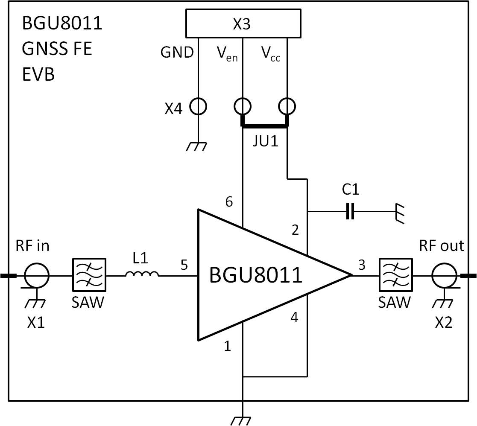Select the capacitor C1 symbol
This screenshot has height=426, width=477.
click(x=350, y=211)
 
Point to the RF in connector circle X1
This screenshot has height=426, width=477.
click(x=37, y=276)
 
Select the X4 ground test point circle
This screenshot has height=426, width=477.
click(x=198, y=106)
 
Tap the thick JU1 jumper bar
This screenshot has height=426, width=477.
click(x=265, y=125)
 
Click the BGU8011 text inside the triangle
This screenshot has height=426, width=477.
click(x=255, y=275)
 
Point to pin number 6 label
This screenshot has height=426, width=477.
click(x=229, y=201)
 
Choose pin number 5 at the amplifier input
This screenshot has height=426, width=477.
click(x=184, y=265)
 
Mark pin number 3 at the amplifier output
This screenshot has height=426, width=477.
click(x=362, y=265)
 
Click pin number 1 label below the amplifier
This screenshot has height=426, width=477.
click(x=228, y=346)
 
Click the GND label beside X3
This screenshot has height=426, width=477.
click(x=177, y=53)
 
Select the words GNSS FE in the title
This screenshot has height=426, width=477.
click(x=57, y=49)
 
